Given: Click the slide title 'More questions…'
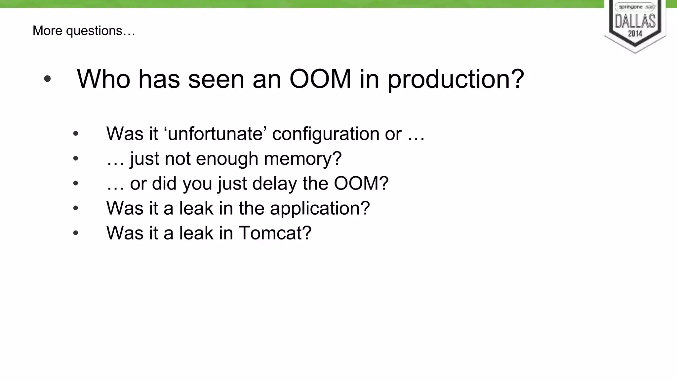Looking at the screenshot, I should (84, 31).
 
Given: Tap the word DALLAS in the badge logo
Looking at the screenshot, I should (635, 21).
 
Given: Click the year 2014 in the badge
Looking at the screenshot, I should (635, 33).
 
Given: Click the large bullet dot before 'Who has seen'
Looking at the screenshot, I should (47, 79).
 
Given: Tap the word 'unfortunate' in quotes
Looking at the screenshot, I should (216, 134).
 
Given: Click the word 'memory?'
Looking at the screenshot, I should (302, 159).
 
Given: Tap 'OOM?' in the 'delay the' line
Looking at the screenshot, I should (361, 183).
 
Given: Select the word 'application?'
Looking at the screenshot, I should (320, 208).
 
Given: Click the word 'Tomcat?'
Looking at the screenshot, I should (275, 233).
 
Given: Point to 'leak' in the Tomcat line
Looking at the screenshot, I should (196, 233).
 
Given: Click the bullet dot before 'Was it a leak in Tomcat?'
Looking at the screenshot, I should (76, 233).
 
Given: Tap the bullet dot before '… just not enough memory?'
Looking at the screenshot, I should (76, 159).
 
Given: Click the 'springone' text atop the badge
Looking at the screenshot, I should (631, 7).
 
